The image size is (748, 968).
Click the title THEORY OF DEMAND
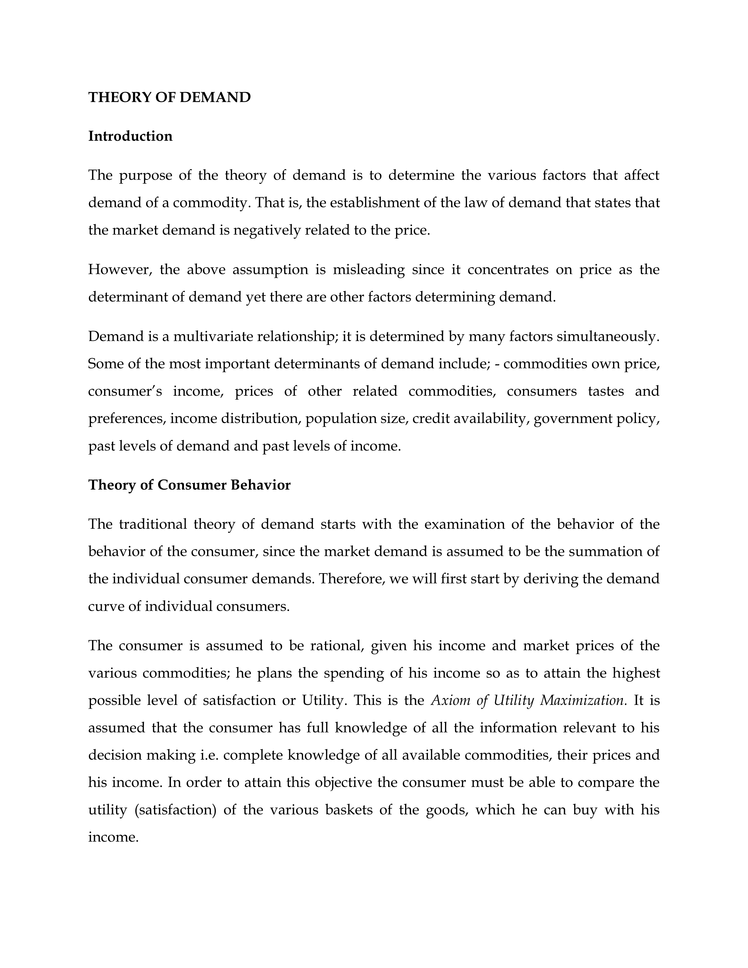tap(169, 97)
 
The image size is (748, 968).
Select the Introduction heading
tap(130, 136)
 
